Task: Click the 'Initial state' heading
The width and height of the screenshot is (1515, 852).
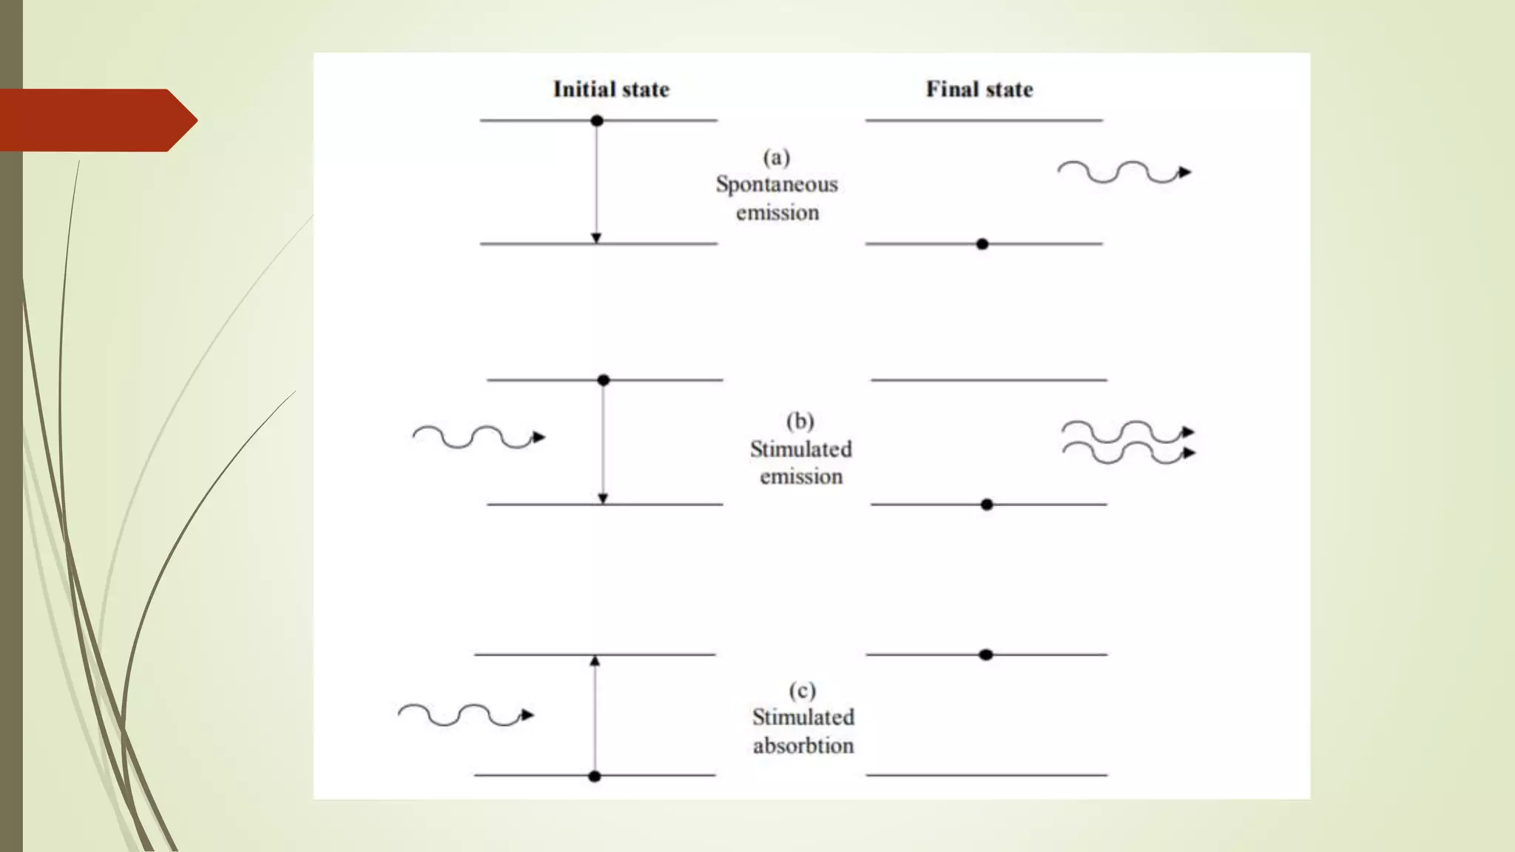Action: [611, 89]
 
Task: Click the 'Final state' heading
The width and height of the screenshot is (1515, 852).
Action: [979, 89]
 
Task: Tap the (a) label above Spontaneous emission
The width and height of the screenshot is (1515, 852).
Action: [777, 158]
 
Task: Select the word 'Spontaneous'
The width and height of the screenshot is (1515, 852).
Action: [777, 184]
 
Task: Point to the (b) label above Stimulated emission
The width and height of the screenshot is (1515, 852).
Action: [800, 422]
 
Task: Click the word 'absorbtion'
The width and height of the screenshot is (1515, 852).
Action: [803, 745]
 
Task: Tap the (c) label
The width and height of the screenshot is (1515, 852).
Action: [803, 691]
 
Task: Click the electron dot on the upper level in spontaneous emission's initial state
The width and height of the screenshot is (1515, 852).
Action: [597, 121]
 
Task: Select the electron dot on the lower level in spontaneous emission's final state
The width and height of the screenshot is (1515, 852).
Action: [982, 244]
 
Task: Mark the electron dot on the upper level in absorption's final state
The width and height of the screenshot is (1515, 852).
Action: [985, 655]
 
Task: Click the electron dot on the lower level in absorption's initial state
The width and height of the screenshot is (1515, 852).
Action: [595, 777]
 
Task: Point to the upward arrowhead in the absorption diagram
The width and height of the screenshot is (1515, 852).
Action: [595, 660]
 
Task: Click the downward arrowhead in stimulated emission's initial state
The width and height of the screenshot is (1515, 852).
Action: [603, 498]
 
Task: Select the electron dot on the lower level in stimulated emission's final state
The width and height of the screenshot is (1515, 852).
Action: [987, 504]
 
